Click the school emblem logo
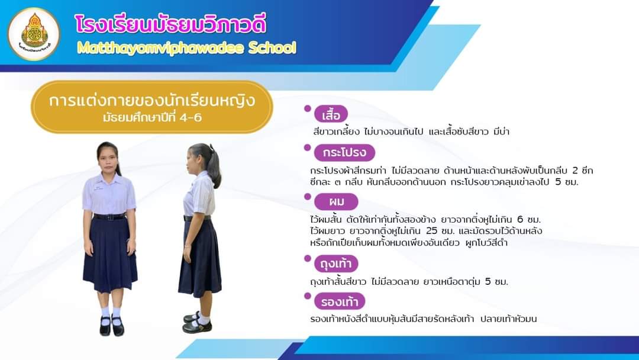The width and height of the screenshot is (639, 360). pyautogui.click(x=34, y=34)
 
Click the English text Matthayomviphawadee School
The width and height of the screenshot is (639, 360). pyautogui.click(x=186, y=48)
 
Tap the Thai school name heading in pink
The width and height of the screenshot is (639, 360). pyautogui.click(x=170, y=24)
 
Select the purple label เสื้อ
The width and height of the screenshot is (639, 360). pyautogui.click(x=331, y=114)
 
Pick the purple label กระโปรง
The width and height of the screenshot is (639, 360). pyautogui.click(x=344, y=153)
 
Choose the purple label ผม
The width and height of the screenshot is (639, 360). pyautogui.click(x=336, y=201)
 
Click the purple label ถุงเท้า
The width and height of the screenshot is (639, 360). pyautogui.click(x=336, y=263)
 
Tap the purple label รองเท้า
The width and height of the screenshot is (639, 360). pyautogui.click(x=339, y=302)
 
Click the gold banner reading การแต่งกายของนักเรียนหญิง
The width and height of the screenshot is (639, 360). pyautogui.click(x=152, y=107)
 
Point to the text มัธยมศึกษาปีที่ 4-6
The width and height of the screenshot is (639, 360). pyautogui.click(x=152, y=118)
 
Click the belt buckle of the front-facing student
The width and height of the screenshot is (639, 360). pyautogui.click(x=109, y=217)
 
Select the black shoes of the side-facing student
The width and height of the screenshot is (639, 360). pyautogui.click(x=197, y=322)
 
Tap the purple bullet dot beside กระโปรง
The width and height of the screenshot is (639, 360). pyautogui.click(x=307, y=147)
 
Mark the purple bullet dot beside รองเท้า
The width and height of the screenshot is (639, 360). pyautogui.click(x=307, y=296)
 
